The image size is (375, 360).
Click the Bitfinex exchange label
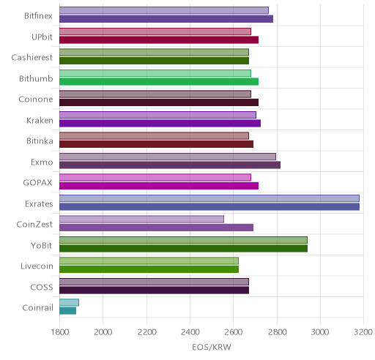click(38, 16)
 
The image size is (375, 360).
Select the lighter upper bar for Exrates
click(209, 198)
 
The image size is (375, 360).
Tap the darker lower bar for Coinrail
click(67, 311)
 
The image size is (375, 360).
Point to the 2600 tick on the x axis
click(233, 332)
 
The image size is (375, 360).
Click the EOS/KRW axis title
click(212, 347)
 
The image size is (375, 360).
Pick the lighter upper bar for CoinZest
click(141, 219)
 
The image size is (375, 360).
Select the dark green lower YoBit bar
click(183, 249)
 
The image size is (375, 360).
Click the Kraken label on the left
click(40, 121)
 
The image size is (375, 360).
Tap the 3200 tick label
click(363, 332)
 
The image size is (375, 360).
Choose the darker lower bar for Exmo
click(170, 165)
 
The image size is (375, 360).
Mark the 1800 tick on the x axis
click(59, 332)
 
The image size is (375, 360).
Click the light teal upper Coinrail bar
click(69, 302)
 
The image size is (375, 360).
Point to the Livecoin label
click(37, 266)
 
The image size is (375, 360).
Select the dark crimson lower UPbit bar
click(159, 40)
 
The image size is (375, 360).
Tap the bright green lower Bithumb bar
click(159, 82)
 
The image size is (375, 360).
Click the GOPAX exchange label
click(37, 183)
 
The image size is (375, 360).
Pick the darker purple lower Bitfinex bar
click(166, 19)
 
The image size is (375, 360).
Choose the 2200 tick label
click(146, 332)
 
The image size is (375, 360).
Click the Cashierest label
click(32, 58)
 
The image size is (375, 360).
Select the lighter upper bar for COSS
click(154, 282)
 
